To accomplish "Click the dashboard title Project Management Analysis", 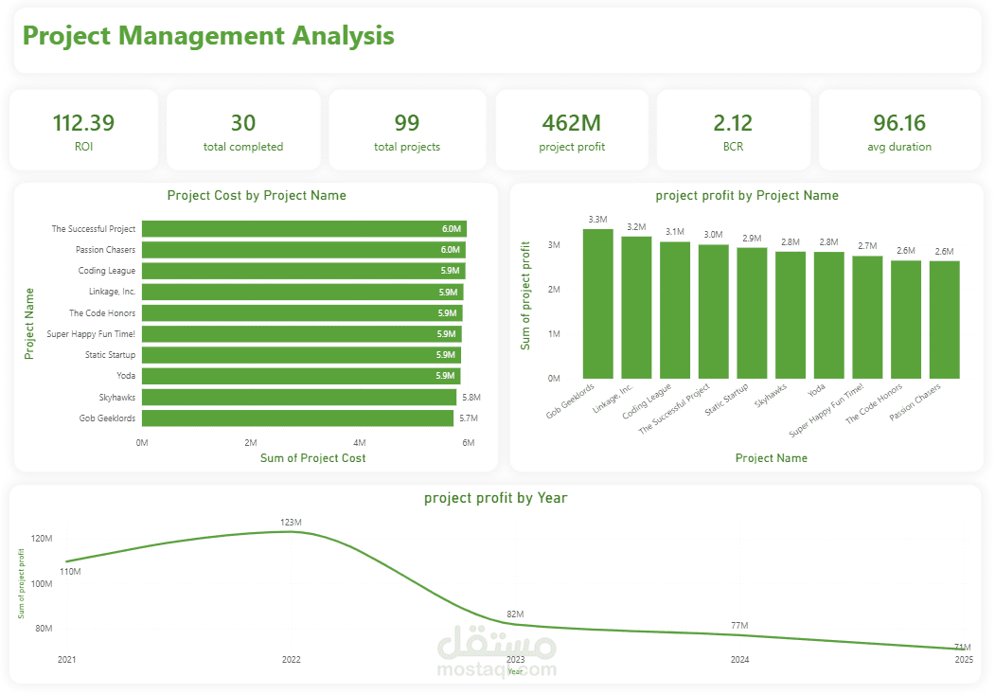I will [x=208, y=36].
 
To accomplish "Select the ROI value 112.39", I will [x=83, y=123].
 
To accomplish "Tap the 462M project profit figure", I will [x=571, y=123].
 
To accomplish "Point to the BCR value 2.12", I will [x=733, y=123].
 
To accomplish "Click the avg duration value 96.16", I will [x=898, y=123].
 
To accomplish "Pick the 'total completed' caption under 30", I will [x=243, y=147].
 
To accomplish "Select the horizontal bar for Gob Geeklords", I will [x=297, y=418].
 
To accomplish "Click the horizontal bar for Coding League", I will [x=303, y=271].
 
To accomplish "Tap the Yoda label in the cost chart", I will [x=126, y=376].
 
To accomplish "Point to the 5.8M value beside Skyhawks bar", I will [x=471, y=398].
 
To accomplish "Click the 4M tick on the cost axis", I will [x=360, y=442].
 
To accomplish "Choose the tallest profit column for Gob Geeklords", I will [x=597, y=303].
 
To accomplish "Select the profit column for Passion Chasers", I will [x=944, y=319].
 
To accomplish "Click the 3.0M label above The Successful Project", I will [x=713, y=235].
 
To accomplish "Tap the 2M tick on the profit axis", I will [x=554, y=289].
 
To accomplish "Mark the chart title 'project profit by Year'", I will [x=495, y=497].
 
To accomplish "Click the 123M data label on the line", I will [x=291, y=523].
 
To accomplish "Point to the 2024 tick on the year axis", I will [x=739, y=659].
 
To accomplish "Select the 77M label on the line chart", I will [x=739, y=626].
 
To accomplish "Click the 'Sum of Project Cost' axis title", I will [x=312, y=458].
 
